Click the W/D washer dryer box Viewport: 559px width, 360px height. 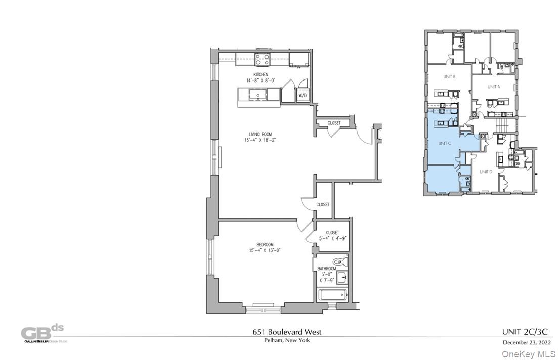click(302, 95)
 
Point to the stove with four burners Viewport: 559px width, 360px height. click(262, 59)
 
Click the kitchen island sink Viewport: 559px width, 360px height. click(258, 94)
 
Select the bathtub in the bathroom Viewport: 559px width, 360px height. click(332, 294)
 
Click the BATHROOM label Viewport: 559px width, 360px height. click(326, 269)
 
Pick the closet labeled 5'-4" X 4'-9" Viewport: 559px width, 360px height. click(331, 236)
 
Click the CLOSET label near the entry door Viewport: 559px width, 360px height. click(334, 123)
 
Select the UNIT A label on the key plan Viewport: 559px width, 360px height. click(493, 87)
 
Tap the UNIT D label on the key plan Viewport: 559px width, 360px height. click(486, 172)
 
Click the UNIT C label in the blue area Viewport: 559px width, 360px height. click(444, 143)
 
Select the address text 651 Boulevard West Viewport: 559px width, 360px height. click(286, 332)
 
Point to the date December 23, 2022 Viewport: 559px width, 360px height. click(526, 342)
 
